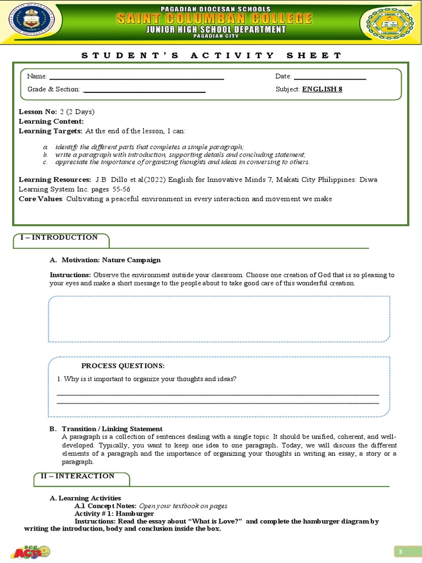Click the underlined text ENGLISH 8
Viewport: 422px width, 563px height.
click(322, 89)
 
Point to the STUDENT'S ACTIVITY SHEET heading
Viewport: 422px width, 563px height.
click(212, 55)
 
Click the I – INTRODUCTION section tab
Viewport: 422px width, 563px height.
click(59, 238)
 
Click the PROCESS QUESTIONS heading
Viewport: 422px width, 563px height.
click(123, 366)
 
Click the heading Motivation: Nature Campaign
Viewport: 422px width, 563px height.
click(111, 260)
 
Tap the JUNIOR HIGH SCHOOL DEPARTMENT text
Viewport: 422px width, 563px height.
click(215, 30)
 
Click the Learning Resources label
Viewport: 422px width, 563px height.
click(55, 180)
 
